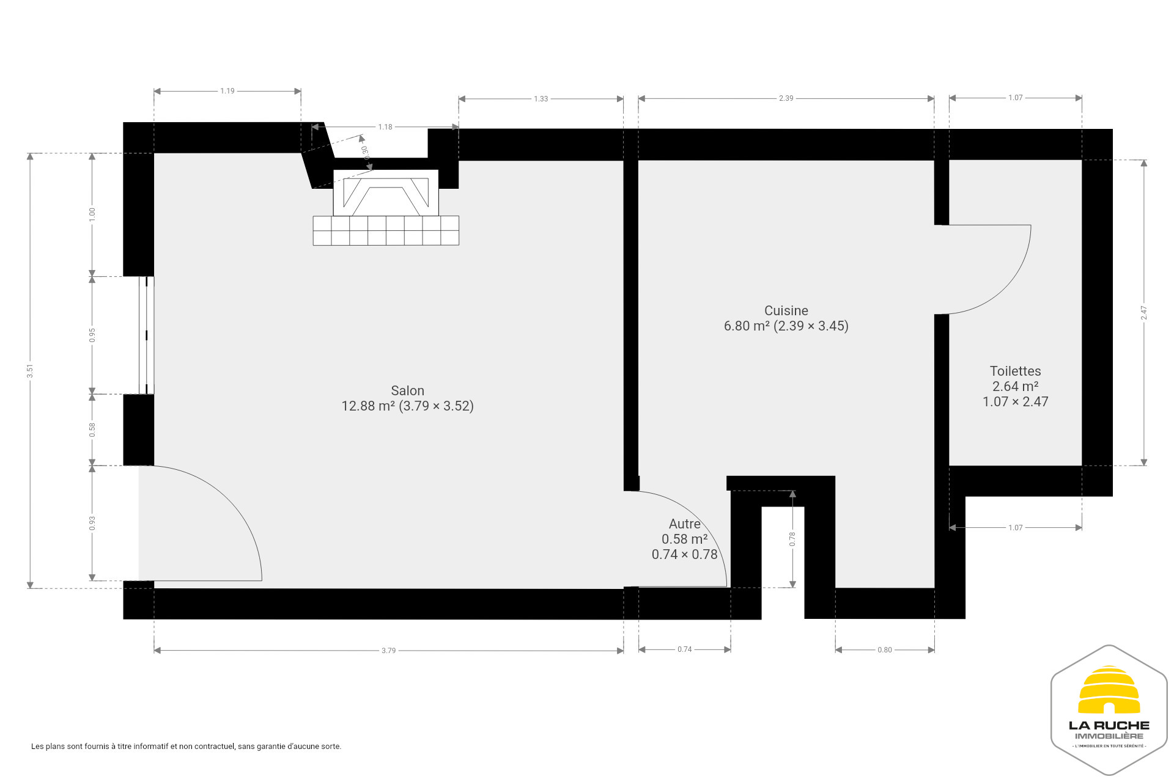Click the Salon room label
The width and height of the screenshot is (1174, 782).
[407, 391]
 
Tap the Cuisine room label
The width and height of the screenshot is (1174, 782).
[786, 311]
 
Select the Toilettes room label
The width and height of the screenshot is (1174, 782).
[1015, 371]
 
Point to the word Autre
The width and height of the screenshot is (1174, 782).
[684, 524]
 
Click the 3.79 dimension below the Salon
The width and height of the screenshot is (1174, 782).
[388, 651]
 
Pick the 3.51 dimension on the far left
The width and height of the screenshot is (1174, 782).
[30, 371]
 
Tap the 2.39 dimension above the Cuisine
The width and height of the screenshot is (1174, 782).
[786, 98]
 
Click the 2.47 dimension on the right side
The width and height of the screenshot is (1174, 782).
[1143, 313]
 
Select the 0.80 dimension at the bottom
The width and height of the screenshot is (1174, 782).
[884, 650]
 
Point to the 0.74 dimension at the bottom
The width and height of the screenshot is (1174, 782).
[684, 649]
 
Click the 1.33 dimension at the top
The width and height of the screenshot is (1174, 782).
[541, 99]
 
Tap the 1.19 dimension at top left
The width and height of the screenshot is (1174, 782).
[227, 91]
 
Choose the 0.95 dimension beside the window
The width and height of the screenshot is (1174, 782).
[92, 335]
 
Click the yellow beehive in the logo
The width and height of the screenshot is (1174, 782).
[1109, 690]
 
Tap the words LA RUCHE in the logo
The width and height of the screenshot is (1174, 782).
[1109, 726]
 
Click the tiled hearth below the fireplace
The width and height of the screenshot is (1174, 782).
[386, 231]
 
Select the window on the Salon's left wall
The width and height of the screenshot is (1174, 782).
[146, 335]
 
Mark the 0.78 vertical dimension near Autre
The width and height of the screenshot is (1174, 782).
[792, 539]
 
